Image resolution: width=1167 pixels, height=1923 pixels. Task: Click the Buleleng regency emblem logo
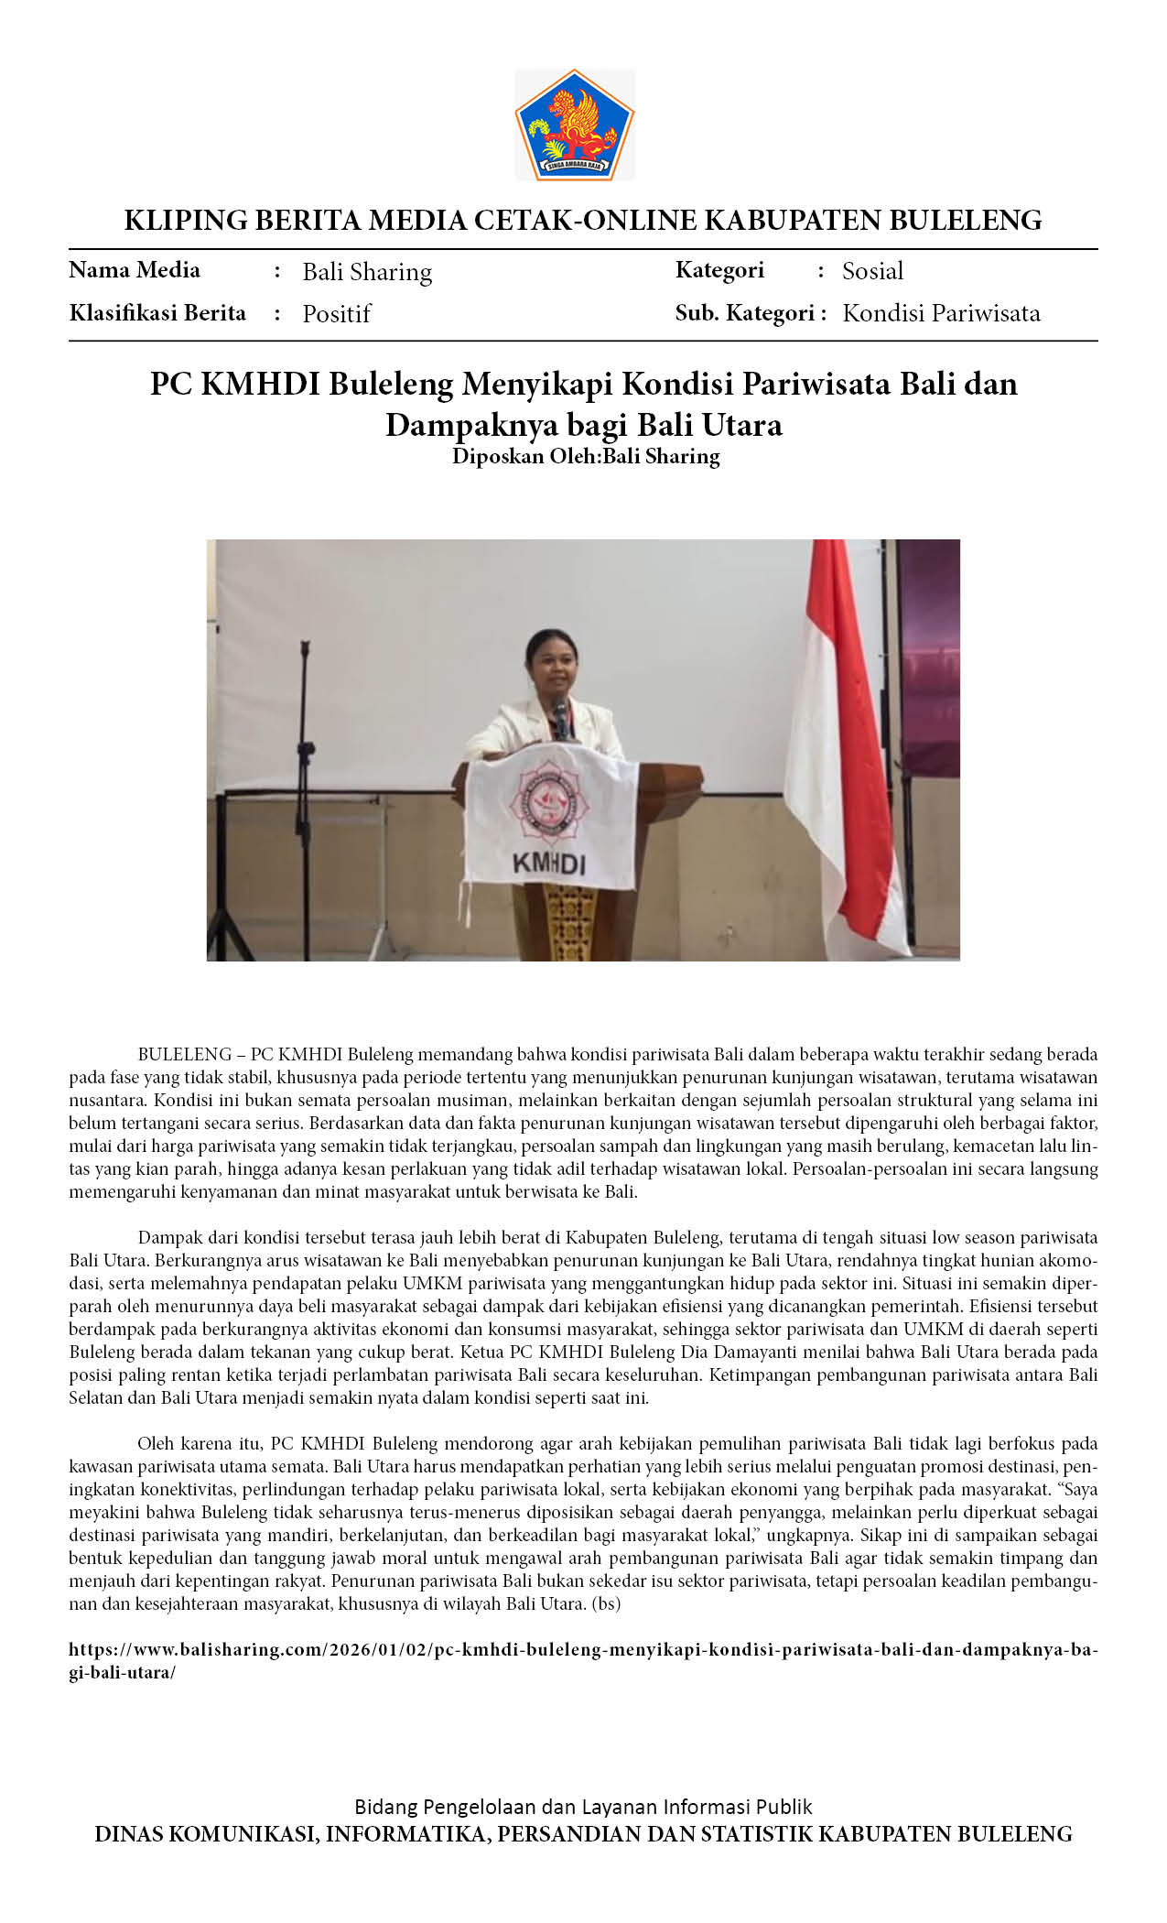(574, 125)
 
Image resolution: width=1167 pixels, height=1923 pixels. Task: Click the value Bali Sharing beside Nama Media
(367, 272)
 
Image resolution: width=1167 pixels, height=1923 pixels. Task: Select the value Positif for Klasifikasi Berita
(336, 314)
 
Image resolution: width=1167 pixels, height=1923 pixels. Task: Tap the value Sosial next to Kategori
(872, 271)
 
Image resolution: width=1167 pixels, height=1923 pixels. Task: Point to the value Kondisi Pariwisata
(941, 313)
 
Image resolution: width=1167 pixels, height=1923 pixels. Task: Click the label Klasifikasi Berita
(157, 313)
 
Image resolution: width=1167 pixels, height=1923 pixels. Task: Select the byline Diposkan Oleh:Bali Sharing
(586, 456)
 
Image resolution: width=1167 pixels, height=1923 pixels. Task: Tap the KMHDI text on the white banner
(548, 864)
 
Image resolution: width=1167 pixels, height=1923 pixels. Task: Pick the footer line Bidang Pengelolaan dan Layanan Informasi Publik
(583, 1807)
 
